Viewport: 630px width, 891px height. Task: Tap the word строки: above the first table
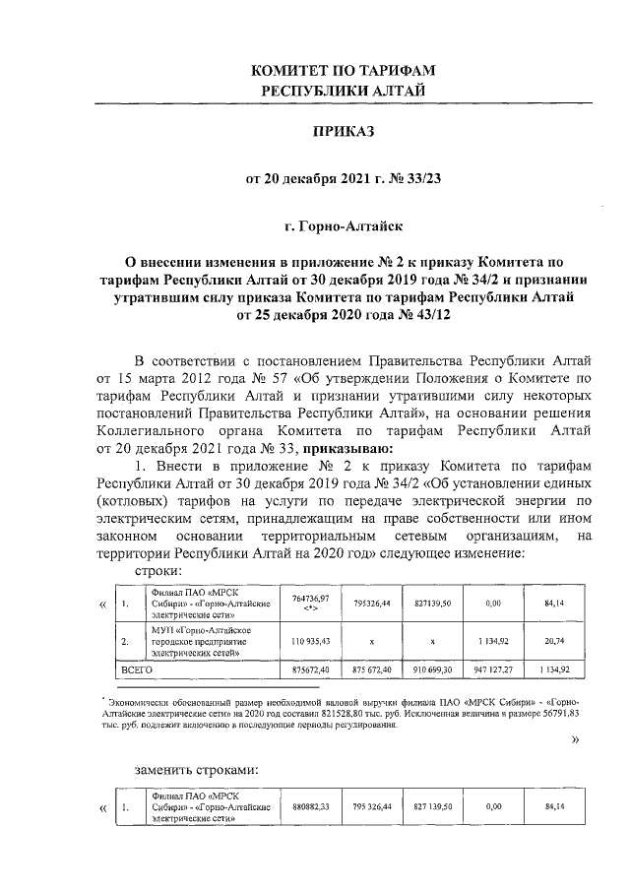click(x=157, y=572)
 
